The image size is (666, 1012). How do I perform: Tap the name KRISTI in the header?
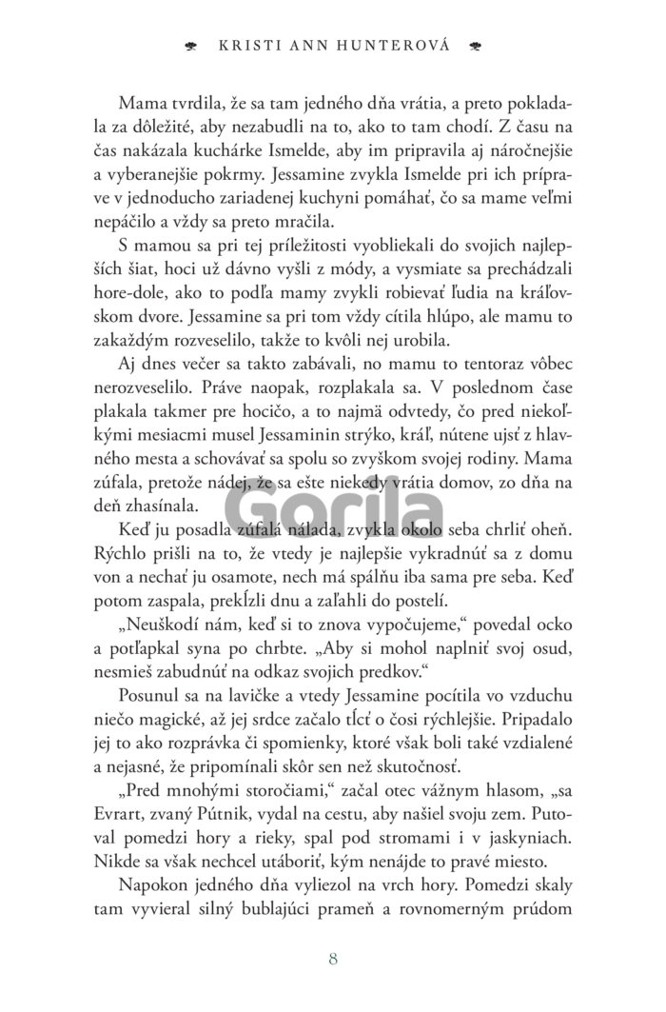(x=252, y=45)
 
